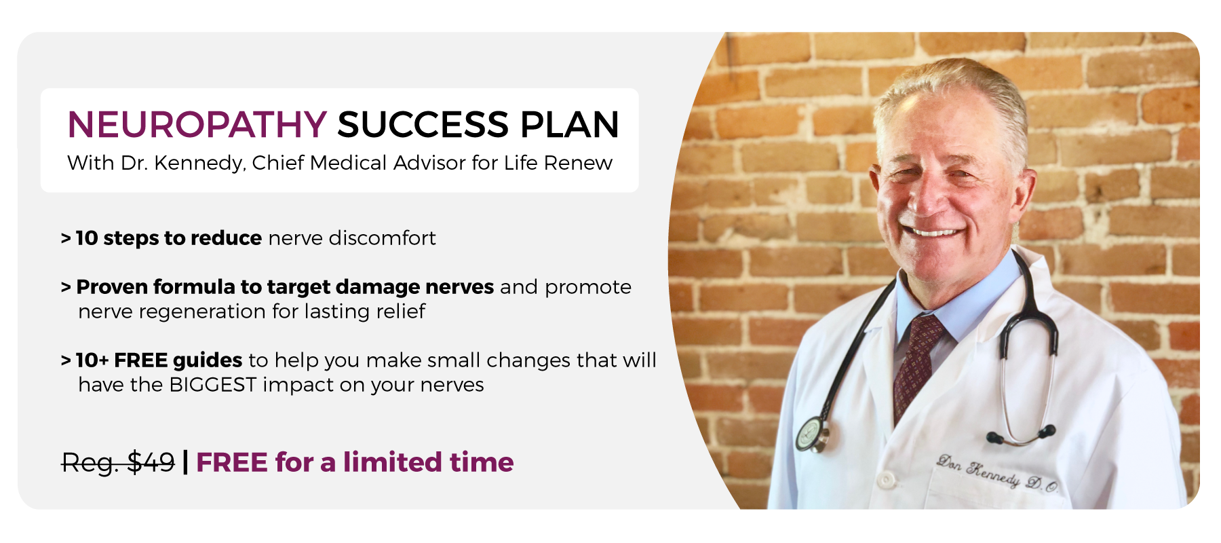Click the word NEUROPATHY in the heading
tap(197, 125)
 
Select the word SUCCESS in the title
tap(423, 125)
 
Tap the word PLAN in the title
tap(570, 125)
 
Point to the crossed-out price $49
tap(151, 463)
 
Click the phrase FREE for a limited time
tap(355, 462)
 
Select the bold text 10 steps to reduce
tap(169, 238)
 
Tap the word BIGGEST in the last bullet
tap(213, 385)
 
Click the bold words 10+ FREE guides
tap(159, 360)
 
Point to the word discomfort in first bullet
tap(382, 238)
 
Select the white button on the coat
tap(886, 480)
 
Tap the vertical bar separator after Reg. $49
tap(185, 463)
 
